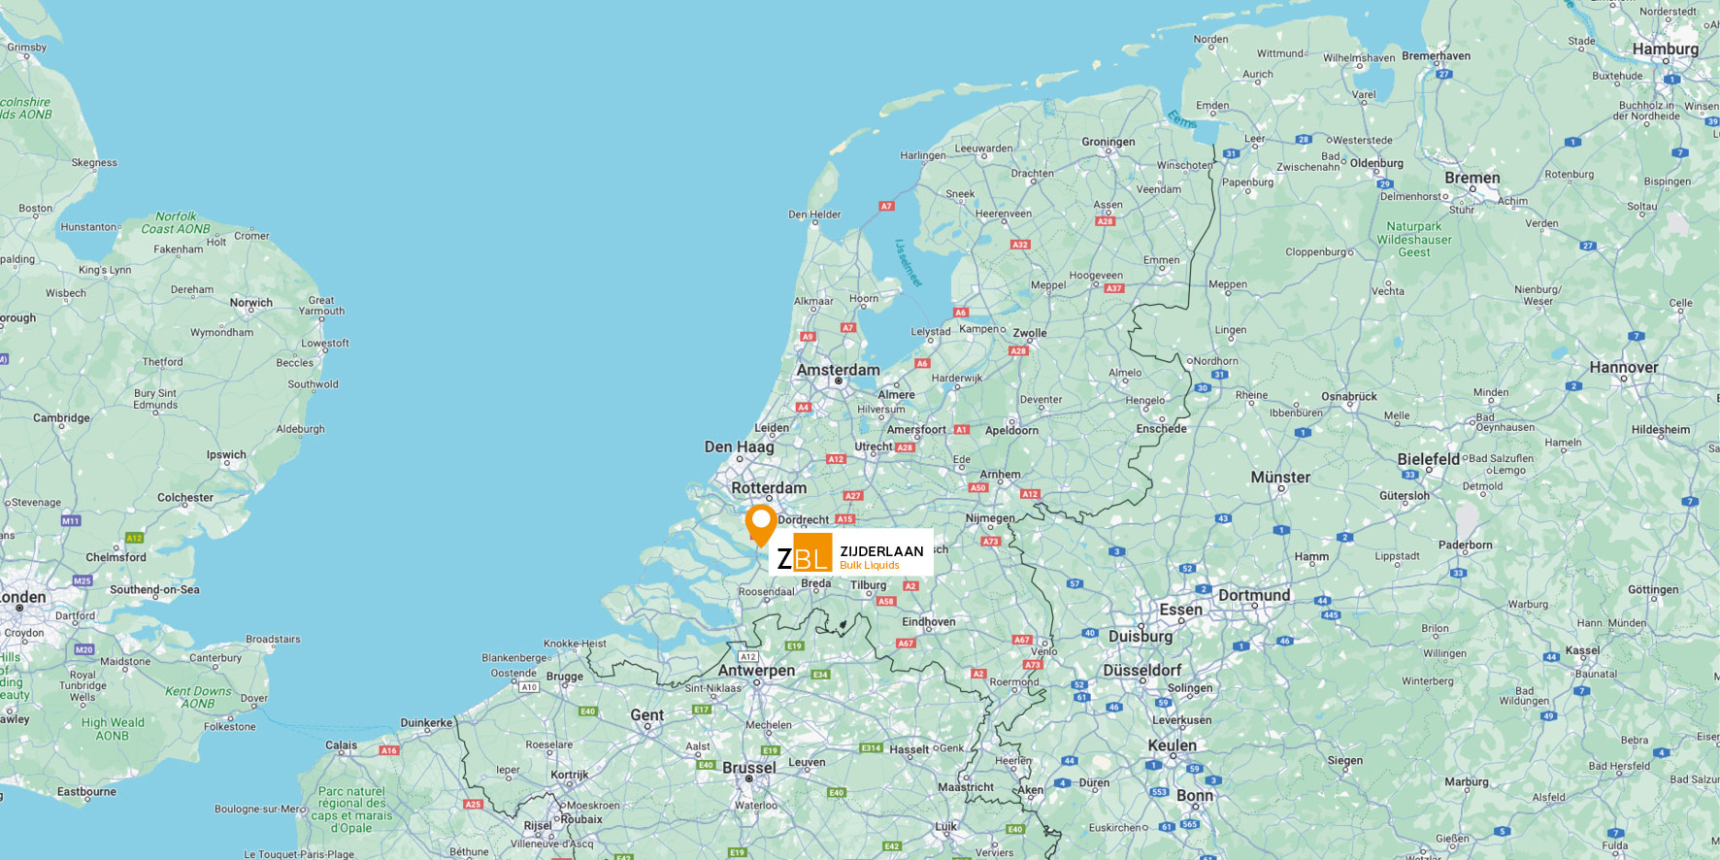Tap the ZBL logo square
(804, 553)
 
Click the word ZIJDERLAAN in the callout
(881, 551)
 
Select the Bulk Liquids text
(869, 566)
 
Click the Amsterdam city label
(838, 370)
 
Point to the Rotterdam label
(769, 488)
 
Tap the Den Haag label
(739, 447)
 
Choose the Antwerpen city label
(756, 671)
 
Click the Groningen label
(1108, 142)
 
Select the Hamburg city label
(1665, 50)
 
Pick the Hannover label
(1623, 368)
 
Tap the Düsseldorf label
(1141, 671)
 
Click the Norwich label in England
(250, 303)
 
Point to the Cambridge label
(61, 418)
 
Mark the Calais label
(341, 745)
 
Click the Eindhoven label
(928, 622)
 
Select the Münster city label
(1280, 478)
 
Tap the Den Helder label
(814, 215)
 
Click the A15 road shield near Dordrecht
(844, 519)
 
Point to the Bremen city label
(1472, 179)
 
